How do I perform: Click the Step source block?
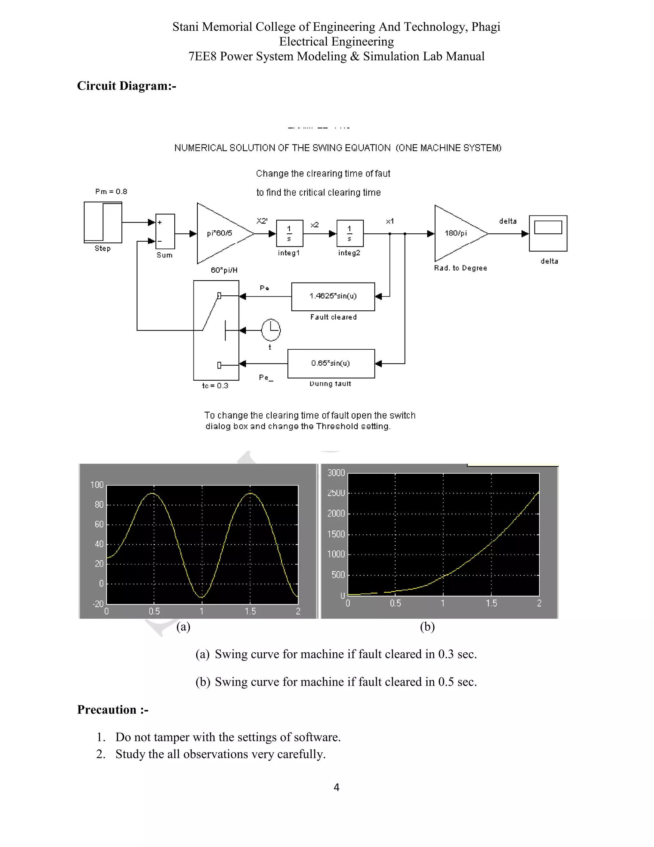[103, 222]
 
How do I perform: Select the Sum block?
[165, 231]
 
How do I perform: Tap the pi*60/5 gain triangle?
[221, 233]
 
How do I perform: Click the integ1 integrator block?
[289, 233]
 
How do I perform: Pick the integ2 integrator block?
[350, 233]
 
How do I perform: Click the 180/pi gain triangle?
[457, 233]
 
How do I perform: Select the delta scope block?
[548, 233]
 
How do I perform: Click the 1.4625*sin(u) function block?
[333, 297]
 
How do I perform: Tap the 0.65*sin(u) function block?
[331, 363]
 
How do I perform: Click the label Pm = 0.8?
[111, 191]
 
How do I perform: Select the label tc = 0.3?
[215, 386]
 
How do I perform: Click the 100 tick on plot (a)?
[97, 485]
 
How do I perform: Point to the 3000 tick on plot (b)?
[336, 473]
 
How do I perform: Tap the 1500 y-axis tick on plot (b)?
[336, 534]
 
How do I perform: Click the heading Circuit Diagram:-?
[126, 86]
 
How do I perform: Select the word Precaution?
[107, 710]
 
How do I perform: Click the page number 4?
[336, 787]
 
